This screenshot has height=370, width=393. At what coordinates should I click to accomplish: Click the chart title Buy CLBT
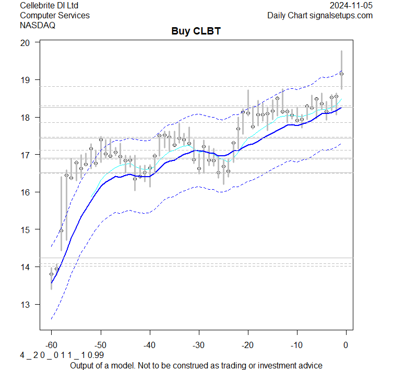click(x=196, y=31)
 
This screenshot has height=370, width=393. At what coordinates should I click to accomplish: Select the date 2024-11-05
click(x=351, y=6)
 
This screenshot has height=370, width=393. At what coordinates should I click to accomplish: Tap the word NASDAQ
click(x=38, y=25)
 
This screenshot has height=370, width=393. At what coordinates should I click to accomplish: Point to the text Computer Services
click(x=54, y=16)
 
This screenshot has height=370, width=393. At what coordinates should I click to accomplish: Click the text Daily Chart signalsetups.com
click(x=320, y=16)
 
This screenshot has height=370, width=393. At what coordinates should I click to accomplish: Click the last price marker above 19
click(x=341, y=74)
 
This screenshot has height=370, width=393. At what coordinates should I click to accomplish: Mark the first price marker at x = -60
click(x=51, y=274)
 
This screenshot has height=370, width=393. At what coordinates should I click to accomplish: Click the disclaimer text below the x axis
click(x=196, y=365)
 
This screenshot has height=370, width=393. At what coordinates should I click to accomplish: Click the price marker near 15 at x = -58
click(x=61, y=230)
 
